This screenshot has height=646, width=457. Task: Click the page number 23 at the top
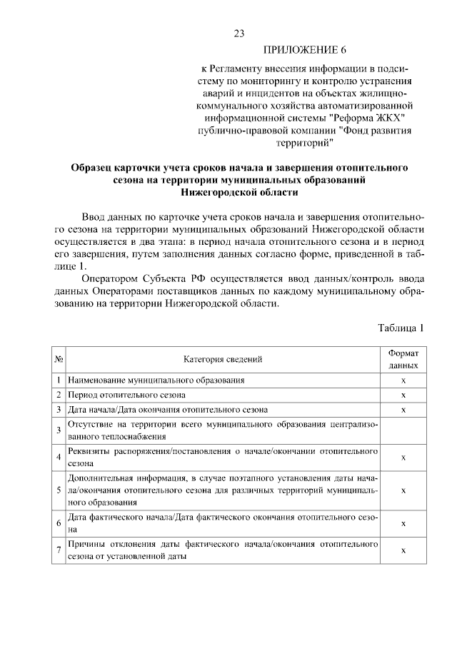pos(239,34)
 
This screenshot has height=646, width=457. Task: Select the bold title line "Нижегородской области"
pos(239,193)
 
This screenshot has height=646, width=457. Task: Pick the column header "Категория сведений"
pos(222,359)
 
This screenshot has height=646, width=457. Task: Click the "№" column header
pos(59,359)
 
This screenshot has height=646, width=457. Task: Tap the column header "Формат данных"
pos(403,359)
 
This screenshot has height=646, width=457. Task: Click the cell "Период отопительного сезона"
pos(126,395)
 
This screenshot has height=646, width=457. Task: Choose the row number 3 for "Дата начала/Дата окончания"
pos(59,409)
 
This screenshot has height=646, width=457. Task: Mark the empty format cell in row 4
pos(403,430)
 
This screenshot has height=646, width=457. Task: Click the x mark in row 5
pos(403,490)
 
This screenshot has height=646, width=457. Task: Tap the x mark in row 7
pos(403,550)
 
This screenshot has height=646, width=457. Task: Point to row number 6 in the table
pos(59,523)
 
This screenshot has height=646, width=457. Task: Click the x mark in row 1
pos(403,380)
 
